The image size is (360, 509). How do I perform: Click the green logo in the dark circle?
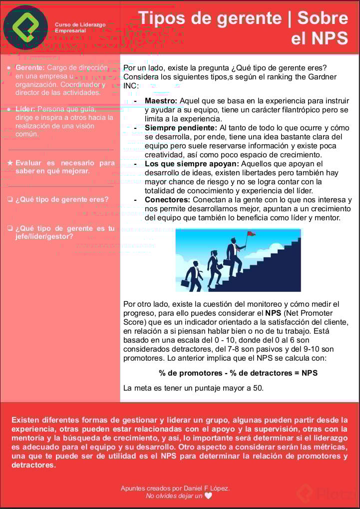tap(25, 27)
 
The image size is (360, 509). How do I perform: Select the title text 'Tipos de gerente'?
tap(210, 18)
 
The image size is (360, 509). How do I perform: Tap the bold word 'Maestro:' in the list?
tap(161, 101)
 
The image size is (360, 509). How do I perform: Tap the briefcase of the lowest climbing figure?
tap(185, 283)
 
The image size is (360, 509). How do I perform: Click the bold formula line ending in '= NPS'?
tap(238, 373)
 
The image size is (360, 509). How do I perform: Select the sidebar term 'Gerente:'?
tap(30, 67)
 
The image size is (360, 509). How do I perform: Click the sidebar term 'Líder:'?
tap(25, 109)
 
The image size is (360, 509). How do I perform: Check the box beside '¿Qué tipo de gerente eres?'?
tap(10, 200)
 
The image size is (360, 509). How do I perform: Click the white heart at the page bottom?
tap(208, 496)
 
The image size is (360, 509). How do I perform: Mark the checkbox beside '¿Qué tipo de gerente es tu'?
tap(10, 229)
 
